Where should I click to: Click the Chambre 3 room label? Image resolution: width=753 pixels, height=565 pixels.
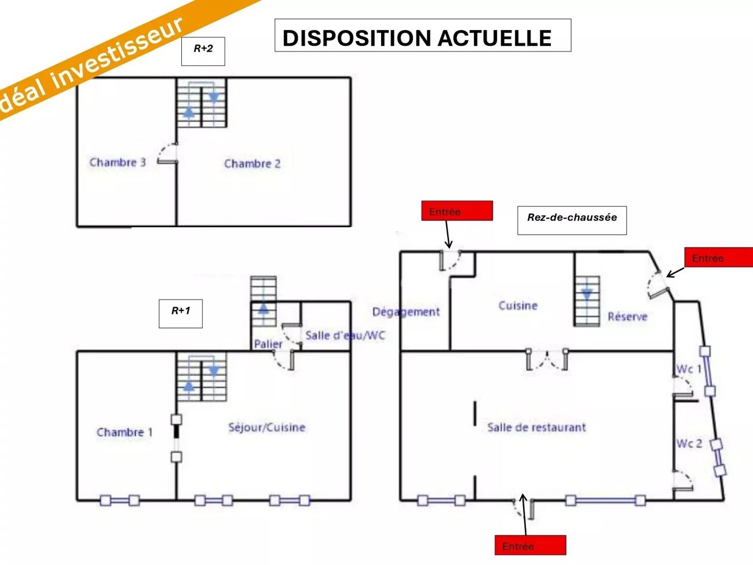pos(118,162)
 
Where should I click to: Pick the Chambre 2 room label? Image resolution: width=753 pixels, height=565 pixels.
pos(252,164)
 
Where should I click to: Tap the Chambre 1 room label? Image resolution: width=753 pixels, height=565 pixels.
pos(125,432)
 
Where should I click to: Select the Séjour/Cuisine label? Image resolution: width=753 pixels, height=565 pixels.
pos(266,428)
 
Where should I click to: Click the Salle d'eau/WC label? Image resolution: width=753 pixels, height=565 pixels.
pos(345,336)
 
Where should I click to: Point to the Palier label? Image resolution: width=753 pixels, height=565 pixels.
pos(268,344)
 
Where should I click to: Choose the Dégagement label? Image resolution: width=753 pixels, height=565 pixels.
pos(406,312)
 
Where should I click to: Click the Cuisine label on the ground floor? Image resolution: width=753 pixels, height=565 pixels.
pos(518,305)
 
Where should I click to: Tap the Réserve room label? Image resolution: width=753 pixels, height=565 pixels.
pos(627,317)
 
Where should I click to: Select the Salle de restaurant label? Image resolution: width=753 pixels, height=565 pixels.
pos(536,428)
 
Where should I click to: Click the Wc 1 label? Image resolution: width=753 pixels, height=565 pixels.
pos(688,369)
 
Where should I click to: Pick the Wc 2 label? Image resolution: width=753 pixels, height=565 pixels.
pos(689,444)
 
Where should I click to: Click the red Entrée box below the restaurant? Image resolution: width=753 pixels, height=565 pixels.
pos(530,545)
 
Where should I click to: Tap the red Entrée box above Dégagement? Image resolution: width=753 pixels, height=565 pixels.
pos(457,211)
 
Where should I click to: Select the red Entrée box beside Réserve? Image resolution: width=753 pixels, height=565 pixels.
pos(718,257)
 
